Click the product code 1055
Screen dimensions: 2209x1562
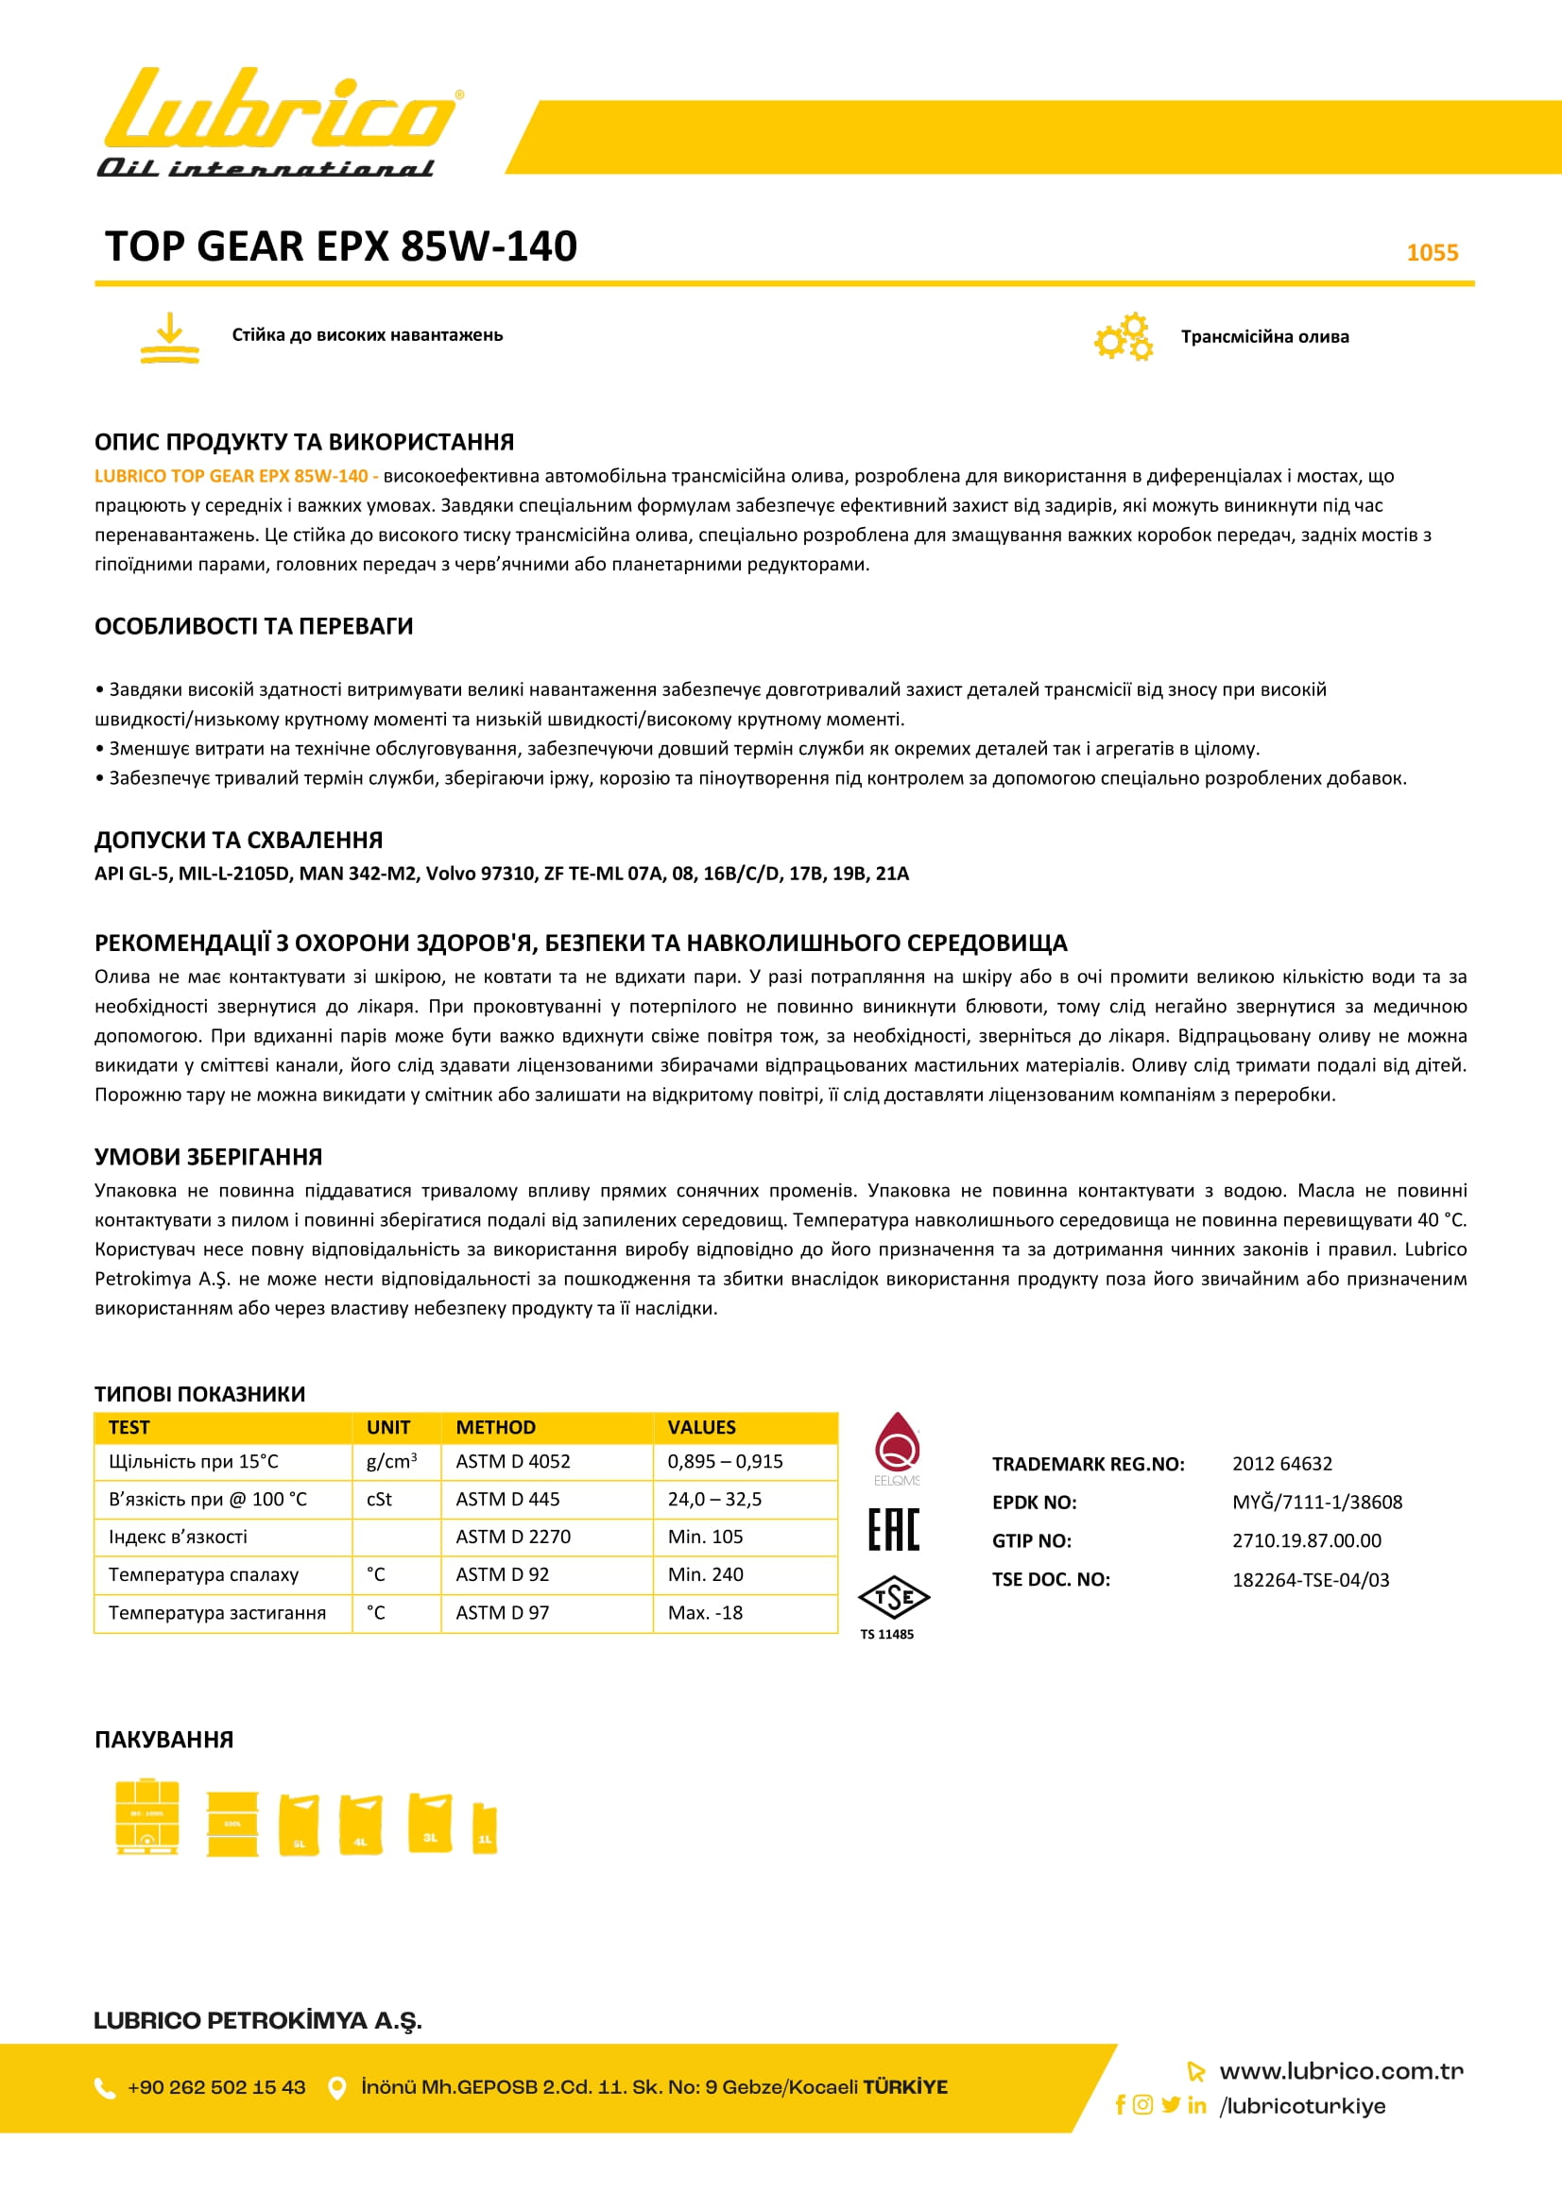[x=1433, y=252]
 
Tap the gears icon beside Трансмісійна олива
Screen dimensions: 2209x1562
[x=1124, y=337]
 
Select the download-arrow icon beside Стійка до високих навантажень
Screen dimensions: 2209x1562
[x=169, y=338]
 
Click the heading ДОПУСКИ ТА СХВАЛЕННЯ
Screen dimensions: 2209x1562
[x=239, y=840]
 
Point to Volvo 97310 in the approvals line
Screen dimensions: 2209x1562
[x=479, y=874]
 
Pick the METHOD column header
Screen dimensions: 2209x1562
[x=496, y=1427]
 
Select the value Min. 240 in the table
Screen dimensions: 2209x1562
[x=706, y=1574]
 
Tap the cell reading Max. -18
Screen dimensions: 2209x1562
[x=706, y=1612]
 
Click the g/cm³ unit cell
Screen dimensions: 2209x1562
[x=391, y=1461]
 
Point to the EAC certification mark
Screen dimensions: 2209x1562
[x=894, y=1529]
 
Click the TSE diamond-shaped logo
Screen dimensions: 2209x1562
[x=894, y=1598]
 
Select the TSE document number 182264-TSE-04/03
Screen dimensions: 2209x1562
[x=1311, y=1580]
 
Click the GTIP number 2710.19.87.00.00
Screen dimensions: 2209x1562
[x=1306, y=1540]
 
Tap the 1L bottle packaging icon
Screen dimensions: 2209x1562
[x=485, y=1829]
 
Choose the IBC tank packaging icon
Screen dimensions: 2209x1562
[x=147, y=1816]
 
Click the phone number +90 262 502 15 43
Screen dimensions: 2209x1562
[x=216, y=2087]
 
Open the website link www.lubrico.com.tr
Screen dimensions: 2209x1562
[x=1341, y=2070]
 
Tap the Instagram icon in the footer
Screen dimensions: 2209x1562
[x=1142, y=2104]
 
